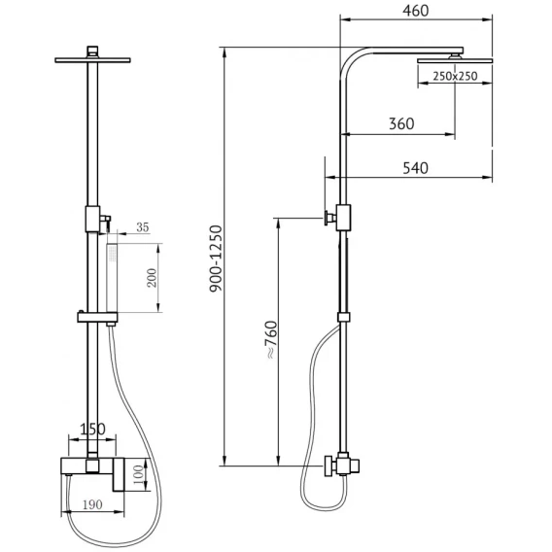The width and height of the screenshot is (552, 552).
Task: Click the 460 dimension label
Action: [416, 11]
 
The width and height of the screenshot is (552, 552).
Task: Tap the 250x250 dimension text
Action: [455, 76]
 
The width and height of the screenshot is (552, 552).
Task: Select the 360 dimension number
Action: [401, 124]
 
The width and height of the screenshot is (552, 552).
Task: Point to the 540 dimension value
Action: [415, 168]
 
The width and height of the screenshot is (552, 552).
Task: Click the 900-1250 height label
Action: [216, 259]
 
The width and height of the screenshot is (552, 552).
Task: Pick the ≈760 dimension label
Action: [271, 340]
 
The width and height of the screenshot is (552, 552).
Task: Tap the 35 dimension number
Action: [143, 227]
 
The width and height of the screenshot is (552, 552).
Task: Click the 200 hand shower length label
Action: [152, 278]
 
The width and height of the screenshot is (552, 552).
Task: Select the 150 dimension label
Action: [92, 430]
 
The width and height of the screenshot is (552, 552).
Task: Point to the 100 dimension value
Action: [139, 474]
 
